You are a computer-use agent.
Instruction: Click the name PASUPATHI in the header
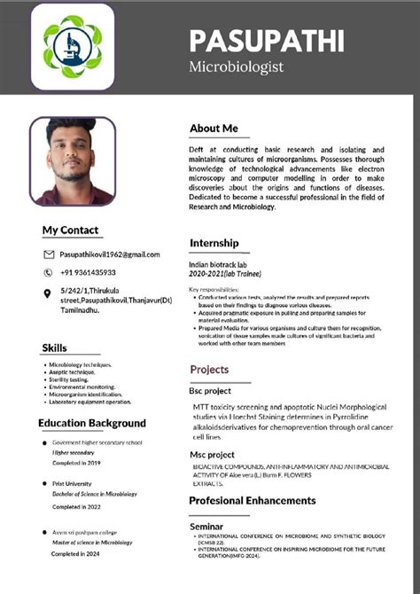coord(267,40)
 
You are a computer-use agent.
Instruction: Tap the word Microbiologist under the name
coord(237,66)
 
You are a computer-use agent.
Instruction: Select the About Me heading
coord(214,129)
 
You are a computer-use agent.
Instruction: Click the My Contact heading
coord(71,231)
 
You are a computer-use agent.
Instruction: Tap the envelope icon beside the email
coord(49,254)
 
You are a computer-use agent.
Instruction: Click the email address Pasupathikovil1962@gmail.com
coord(110,254)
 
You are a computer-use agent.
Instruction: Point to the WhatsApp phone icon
coord(49,272)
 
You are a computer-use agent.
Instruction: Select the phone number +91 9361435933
coord(88,272)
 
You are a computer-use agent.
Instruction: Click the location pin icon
coord(48,293)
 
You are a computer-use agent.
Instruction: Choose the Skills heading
coord(54,348)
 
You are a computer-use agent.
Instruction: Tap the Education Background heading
coord(92,423)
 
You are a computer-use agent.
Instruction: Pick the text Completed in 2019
coord(76,463)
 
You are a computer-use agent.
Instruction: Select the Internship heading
coord(214,243)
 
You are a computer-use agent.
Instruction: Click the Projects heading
coord(209,369)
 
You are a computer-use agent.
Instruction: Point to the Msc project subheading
coord(210,454)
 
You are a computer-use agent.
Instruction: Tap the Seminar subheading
coord(206,527)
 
